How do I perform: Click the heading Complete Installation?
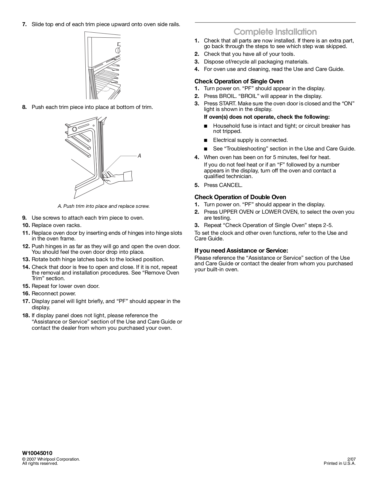275,32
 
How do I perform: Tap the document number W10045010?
37,453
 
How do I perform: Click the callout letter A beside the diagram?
139,156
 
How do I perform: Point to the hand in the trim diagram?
119,176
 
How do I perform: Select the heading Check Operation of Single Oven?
239,81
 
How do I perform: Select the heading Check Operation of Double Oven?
240,197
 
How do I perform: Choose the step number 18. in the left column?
26,315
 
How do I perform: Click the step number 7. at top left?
25,24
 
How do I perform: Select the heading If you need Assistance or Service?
241,251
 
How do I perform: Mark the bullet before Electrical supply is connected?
206,140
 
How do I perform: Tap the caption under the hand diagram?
103,206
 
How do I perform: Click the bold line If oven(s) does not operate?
267,117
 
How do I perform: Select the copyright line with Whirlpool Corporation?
51,459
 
